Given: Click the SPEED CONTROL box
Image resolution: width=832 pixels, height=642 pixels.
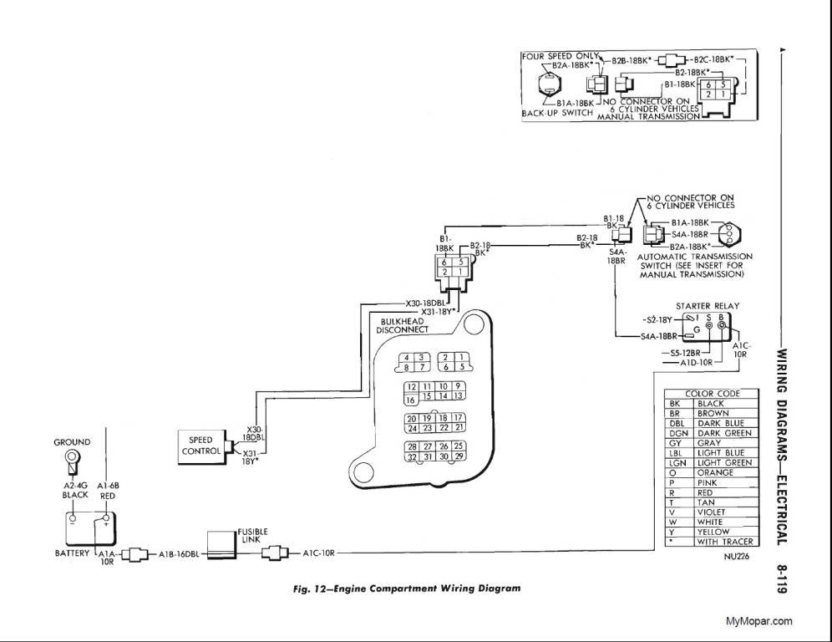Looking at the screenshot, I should point(200,445).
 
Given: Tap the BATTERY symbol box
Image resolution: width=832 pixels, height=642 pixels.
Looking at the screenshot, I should point(91,528).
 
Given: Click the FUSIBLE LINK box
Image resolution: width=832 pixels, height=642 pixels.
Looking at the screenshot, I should point(221,543).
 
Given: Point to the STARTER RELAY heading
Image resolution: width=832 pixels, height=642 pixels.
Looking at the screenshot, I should point(707,306).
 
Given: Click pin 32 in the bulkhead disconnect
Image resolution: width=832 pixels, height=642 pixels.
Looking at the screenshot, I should point(412,456).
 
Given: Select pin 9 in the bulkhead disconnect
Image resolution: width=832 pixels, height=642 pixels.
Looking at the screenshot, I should point(459,385).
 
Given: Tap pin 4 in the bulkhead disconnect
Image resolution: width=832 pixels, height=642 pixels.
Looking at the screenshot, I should point(407,358).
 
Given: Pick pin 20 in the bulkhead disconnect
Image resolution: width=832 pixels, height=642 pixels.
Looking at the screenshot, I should point(411,418).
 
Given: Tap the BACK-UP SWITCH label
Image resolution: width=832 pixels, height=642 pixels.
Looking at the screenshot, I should point(557,112).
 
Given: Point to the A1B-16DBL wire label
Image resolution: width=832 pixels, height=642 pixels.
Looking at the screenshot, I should point(180,553).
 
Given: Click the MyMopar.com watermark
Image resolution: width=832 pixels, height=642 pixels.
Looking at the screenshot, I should point(758,620).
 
